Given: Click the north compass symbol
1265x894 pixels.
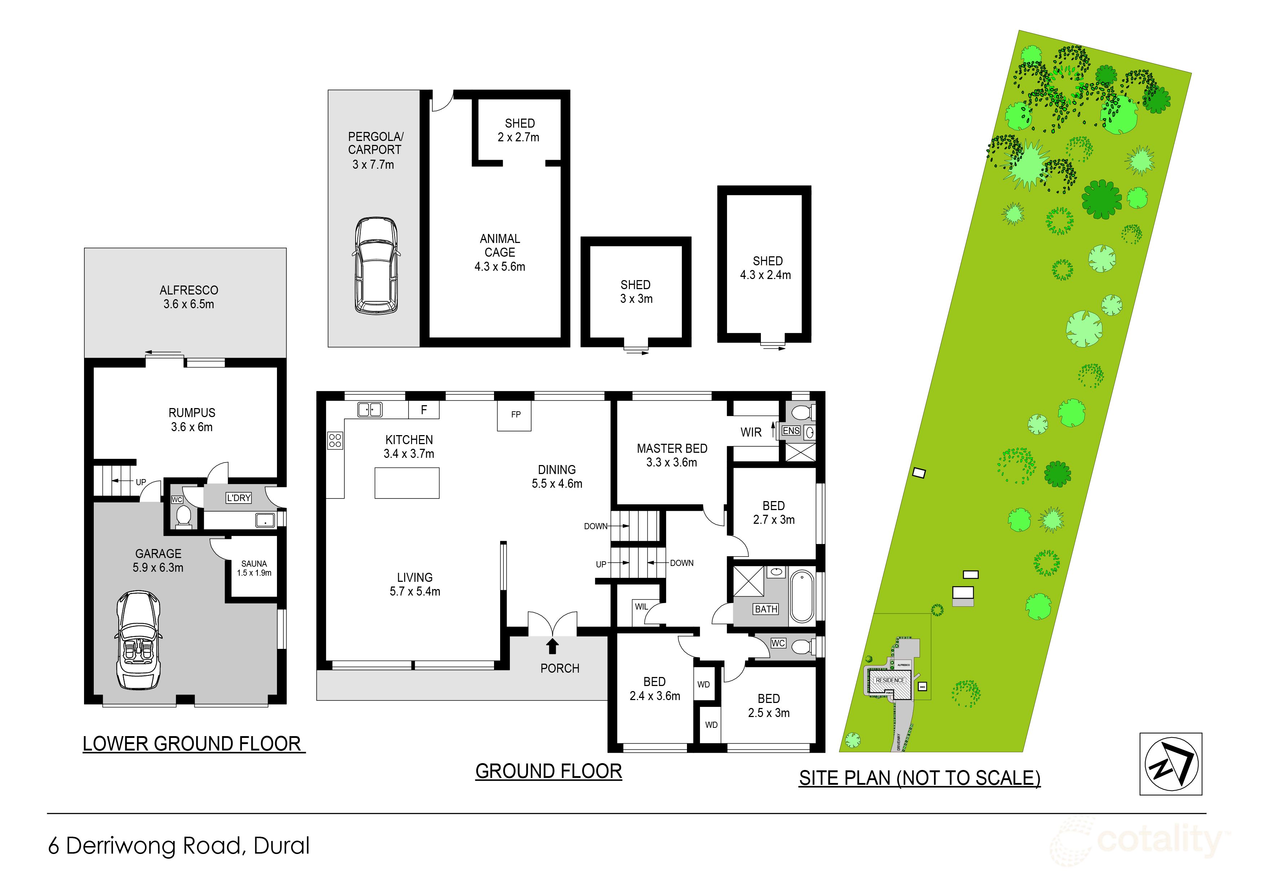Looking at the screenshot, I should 1171,764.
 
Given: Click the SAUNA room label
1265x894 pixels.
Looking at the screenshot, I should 254,563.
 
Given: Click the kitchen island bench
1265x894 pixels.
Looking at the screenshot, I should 407,483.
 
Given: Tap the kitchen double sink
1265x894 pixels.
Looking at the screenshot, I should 370,409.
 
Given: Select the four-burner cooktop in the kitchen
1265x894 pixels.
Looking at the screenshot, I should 335,440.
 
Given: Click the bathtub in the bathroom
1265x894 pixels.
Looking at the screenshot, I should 802,597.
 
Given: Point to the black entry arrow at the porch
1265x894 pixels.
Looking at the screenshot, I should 552,646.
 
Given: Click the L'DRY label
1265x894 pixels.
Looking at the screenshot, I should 239,498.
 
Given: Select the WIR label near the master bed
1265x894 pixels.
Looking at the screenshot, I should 751,433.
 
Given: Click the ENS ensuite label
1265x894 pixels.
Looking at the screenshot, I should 791,431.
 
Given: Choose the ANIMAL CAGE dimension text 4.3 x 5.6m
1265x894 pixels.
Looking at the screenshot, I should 500,267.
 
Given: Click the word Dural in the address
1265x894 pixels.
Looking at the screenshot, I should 282,846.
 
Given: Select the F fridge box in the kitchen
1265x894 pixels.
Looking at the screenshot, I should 424,410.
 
